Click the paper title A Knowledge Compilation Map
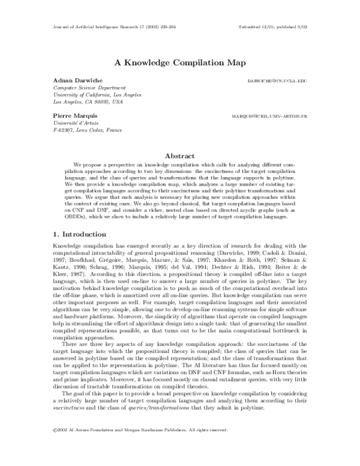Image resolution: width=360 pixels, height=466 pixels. pos(179,61)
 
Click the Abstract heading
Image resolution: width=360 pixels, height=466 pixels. pos(179,155)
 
